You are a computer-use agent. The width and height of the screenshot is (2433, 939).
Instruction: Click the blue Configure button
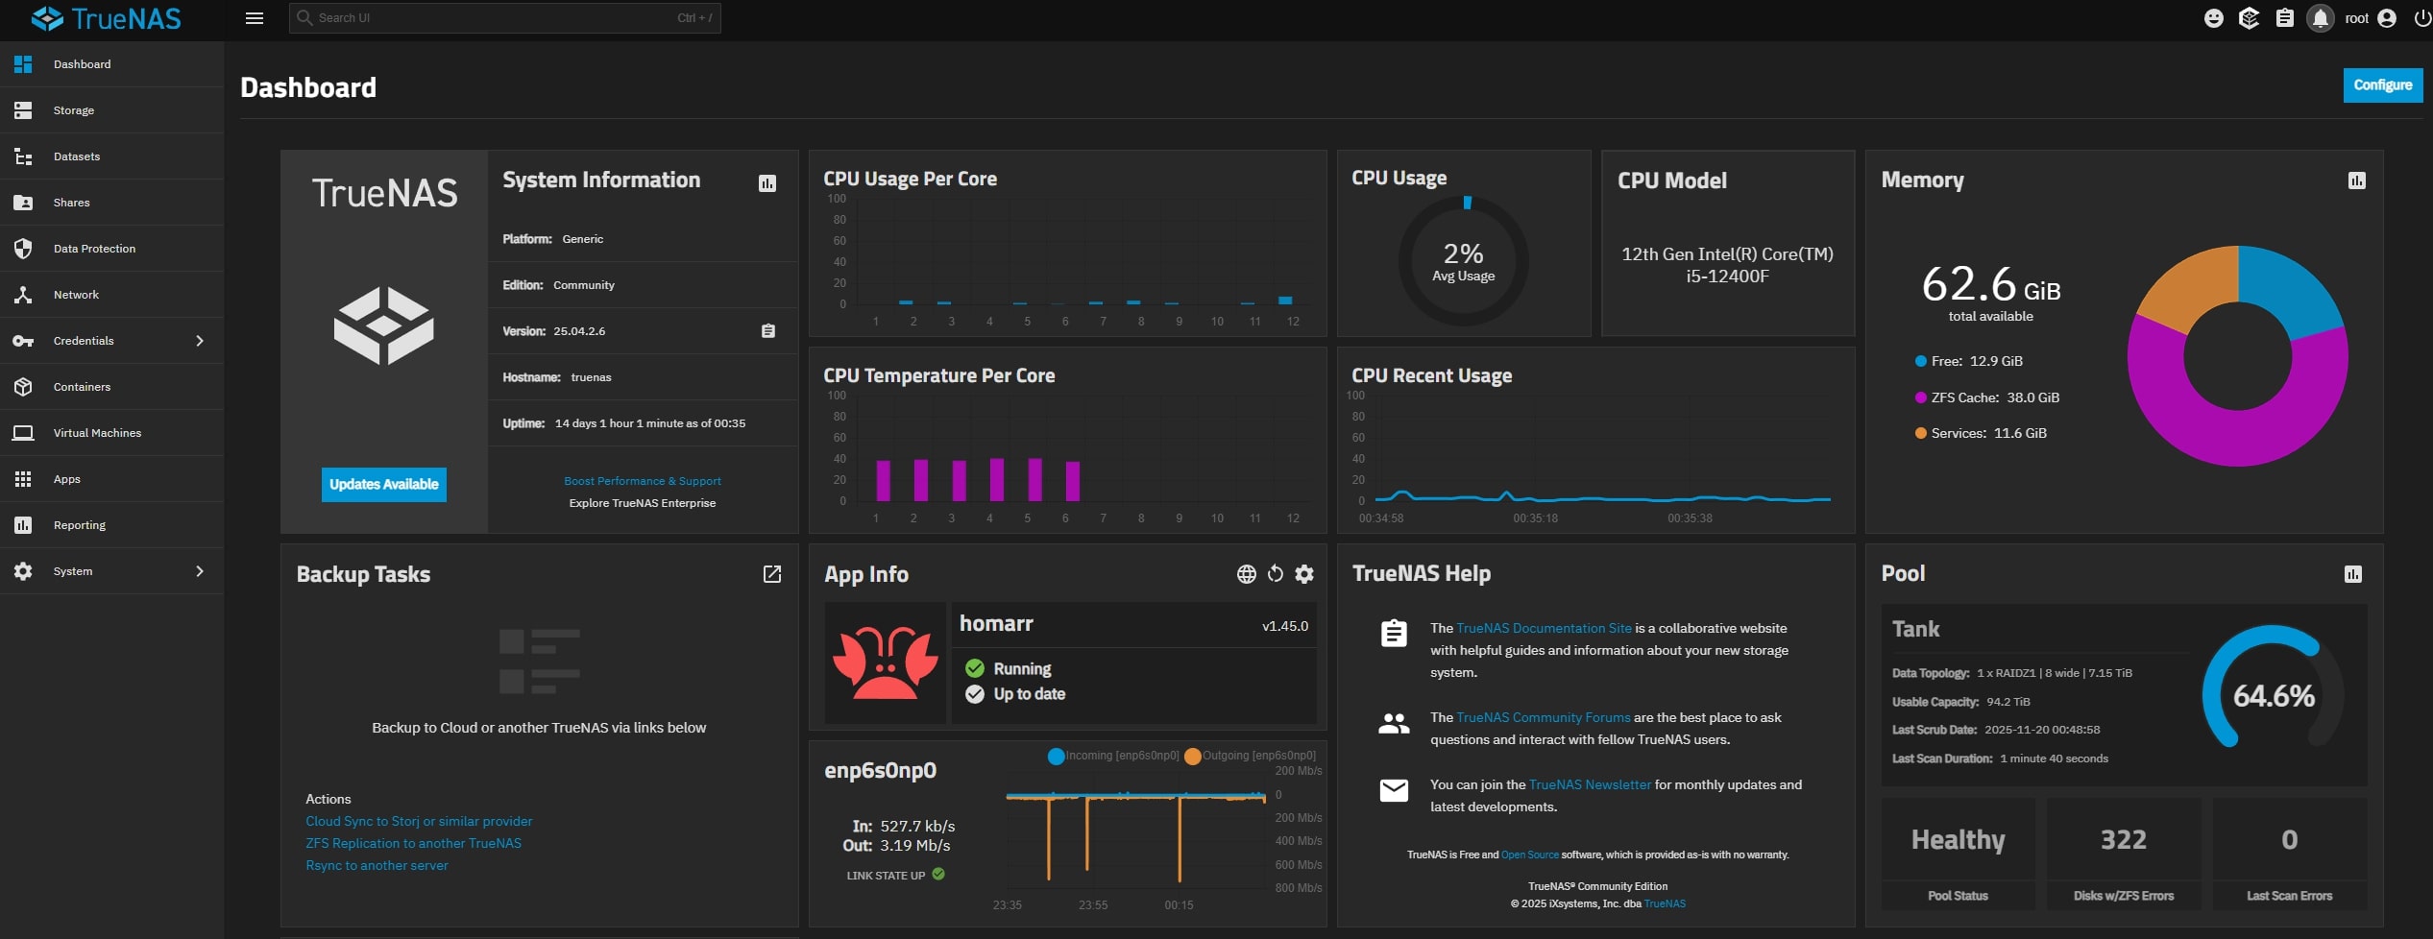(x=2382, y=84)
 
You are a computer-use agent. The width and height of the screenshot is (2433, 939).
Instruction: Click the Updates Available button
(x=383, y=484)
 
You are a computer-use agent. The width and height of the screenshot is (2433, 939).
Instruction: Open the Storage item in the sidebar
(x=74, y=110)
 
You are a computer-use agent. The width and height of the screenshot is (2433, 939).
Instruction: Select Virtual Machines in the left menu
(x=97, y=433)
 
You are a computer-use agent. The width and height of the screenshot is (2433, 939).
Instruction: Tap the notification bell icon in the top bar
(x=2320, y=18)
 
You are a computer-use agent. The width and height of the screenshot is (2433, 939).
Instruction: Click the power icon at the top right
(x=2421, y=18)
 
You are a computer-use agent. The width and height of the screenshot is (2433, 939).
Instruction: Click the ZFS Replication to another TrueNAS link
(x=413, y=843)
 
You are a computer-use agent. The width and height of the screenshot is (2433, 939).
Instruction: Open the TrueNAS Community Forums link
(x=1543, y=717)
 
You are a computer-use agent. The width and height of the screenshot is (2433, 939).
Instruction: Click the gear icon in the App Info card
(x=1303, y=574)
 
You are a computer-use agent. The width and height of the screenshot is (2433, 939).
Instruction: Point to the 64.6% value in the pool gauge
(x=2273, y=695)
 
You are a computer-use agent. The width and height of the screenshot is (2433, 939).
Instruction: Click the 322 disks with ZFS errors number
(x=2123, y=839)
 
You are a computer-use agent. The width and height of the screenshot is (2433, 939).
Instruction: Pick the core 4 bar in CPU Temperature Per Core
(x=996, y=479)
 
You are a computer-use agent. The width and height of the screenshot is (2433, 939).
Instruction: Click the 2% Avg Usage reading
(x=1463, y=261)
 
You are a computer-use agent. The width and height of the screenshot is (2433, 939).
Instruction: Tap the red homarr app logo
(x=885, y=662)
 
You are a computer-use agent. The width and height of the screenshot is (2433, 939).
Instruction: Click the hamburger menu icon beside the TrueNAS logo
(x=255, y=18)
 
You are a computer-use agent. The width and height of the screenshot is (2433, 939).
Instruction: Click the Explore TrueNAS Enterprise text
(x=642, y=503)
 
